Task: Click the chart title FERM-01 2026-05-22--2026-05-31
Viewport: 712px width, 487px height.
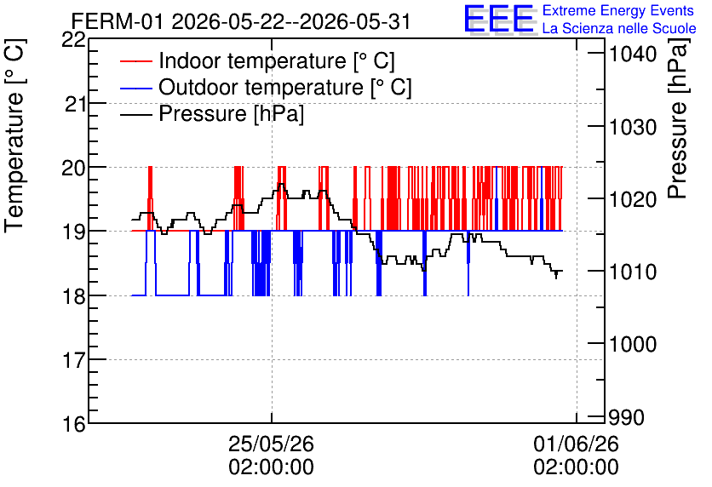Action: [241, 21]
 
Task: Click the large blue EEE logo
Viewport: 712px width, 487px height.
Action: [498, 19]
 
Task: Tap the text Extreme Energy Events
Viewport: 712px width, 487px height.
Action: [618, 10]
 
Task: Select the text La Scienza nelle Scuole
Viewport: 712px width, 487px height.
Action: [619, 28]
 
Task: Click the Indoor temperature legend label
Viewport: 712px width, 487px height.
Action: [277, 60]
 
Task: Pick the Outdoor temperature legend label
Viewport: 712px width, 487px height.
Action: [284, 87]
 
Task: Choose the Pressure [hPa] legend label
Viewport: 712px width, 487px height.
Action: [231, 113]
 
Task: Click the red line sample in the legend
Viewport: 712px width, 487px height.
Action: [135, 61]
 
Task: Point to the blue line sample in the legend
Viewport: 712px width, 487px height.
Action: [135, 88]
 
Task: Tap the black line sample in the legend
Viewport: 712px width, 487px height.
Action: [135, 114]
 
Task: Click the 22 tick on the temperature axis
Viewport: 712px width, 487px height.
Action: [74, 40]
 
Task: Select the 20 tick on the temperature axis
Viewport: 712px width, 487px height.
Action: [74, 168]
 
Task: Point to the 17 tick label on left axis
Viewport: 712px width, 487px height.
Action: [74, 360]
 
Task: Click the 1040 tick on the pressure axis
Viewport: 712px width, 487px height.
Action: [633, 54]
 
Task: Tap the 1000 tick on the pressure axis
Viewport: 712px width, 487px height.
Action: [633, 344]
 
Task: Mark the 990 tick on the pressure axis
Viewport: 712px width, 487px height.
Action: [627, 417]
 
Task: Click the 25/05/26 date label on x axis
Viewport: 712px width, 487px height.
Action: [271, 444]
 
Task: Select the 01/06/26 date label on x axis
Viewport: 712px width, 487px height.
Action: [577, 444]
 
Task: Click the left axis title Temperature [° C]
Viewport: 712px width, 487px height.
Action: [14, 136]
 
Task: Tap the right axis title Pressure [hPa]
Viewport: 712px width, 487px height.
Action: [678, 118]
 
